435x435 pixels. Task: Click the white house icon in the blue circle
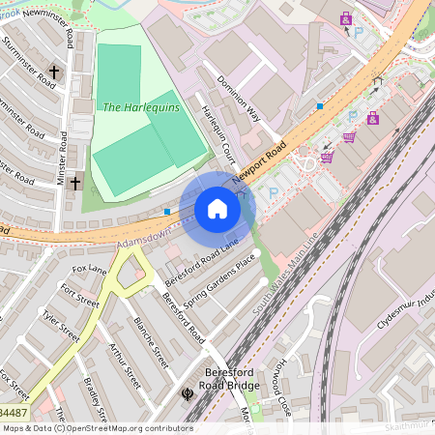pos(217,209)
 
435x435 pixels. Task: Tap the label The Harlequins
pos(141,107)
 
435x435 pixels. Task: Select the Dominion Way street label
pos(240,99)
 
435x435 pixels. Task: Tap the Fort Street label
pos(80,294)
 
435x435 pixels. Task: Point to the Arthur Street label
pos(125,365)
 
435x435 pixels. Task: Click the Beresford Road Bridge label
pos(233,378)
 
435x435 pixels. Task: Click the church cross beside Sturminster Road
pos(54,72)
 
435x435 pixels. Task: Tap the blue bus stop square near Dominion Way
pos(319,105)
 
